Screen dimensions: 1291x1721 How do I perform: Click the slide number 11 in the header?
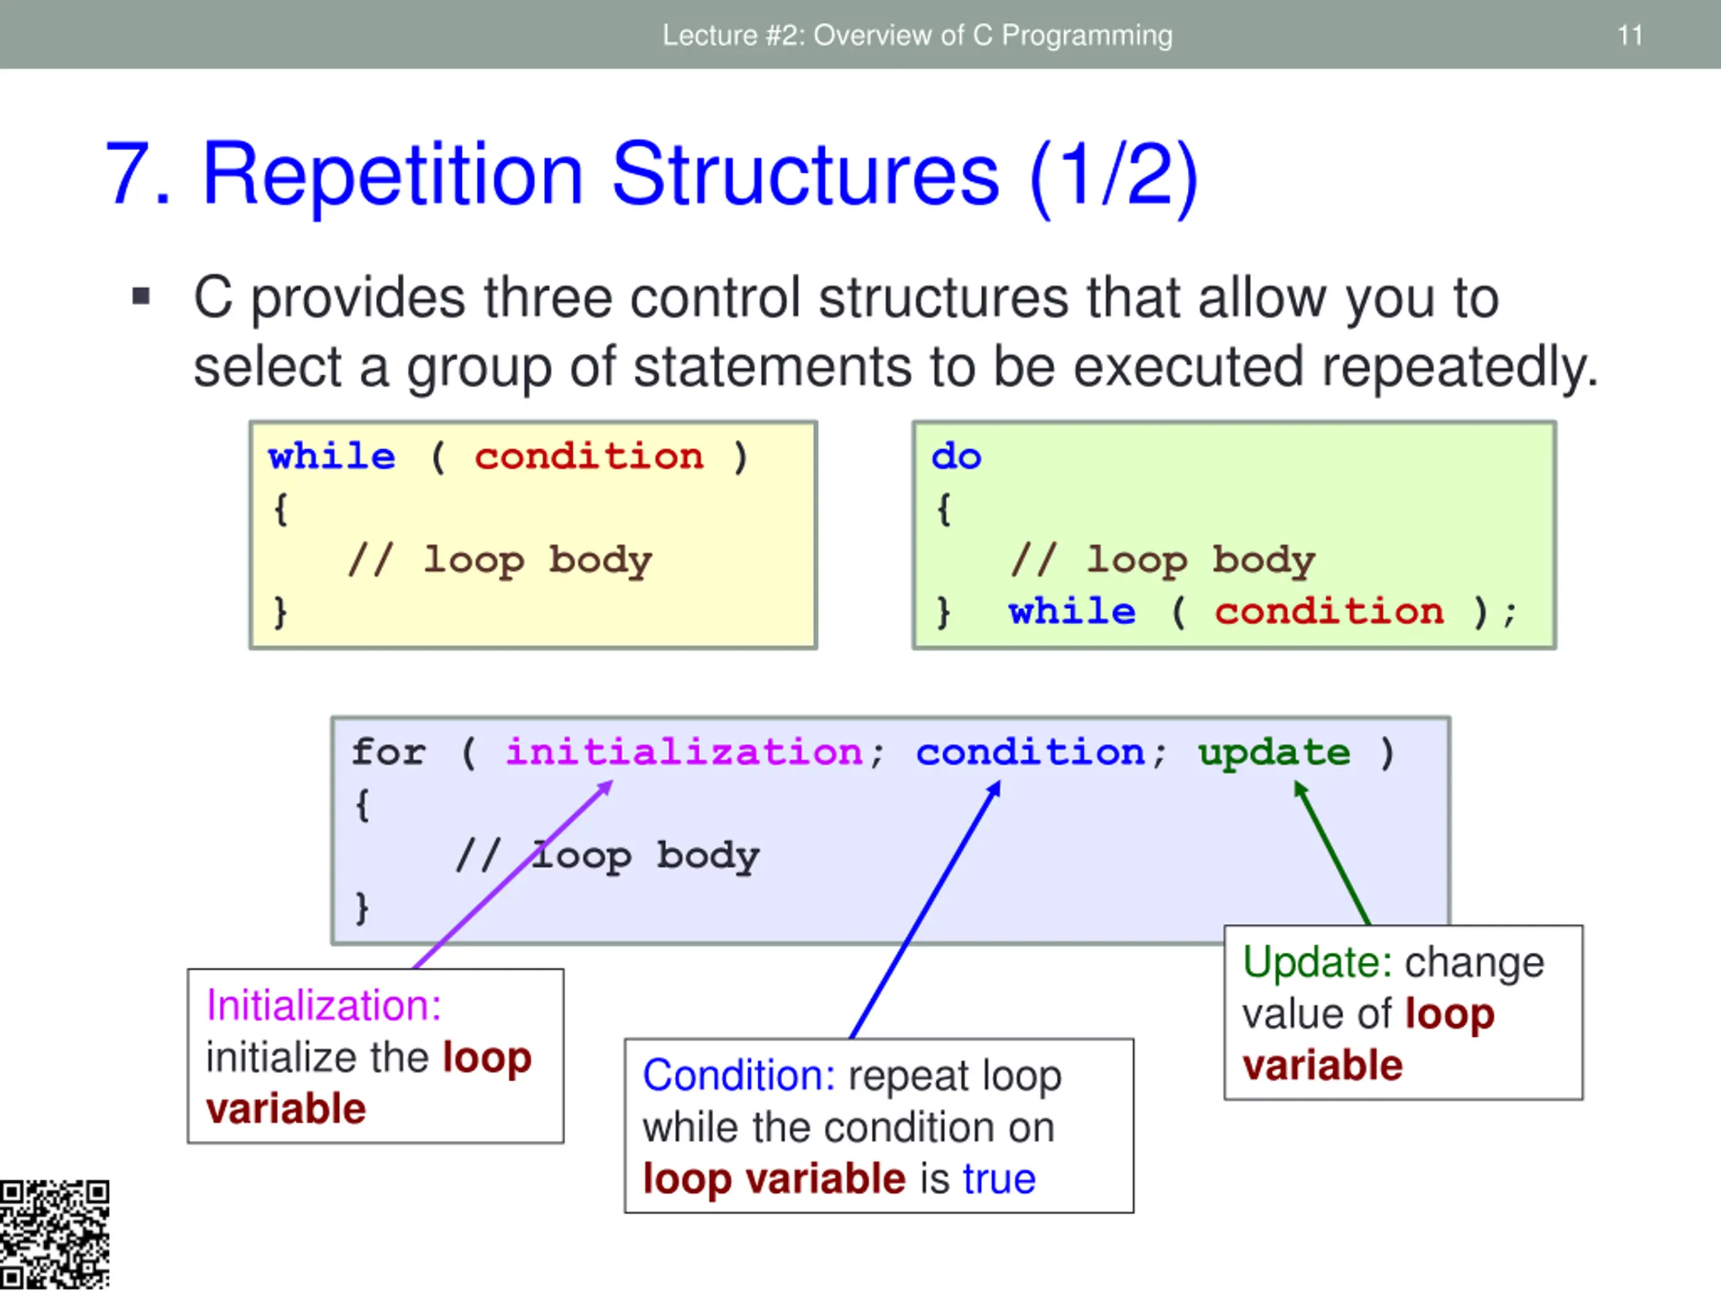1630,36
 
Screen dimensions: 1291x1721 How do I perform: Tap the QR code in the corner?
54,1235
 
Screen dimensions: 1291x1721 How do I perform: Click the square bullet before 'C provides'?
141,297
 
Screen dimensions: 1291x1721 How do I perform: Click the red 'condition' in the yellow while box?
589,456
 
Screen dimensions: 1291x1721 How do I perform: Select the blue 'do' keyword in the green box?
956,456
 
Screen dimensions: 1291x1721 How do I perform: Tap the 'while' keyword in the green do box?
1072,612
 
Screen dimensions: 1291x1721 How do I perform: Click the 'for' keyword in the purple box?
389,752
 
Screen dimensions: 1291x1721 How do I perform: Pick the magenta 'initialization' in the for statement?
684,752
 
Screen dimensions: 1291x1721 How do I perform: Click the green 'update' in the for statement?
1274,752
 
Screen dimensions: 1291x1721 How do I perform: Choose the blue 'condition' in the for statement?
1030,752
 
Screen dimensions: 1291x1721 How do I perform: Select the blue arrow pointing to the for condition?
926,910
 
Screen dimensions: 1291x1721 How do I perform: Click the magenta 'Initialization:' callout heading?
323,1005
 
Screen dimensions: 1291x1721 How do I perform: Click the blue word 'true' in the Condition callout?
999,1179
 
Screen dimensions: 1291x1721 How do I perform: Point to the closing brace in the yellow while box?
280,612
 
